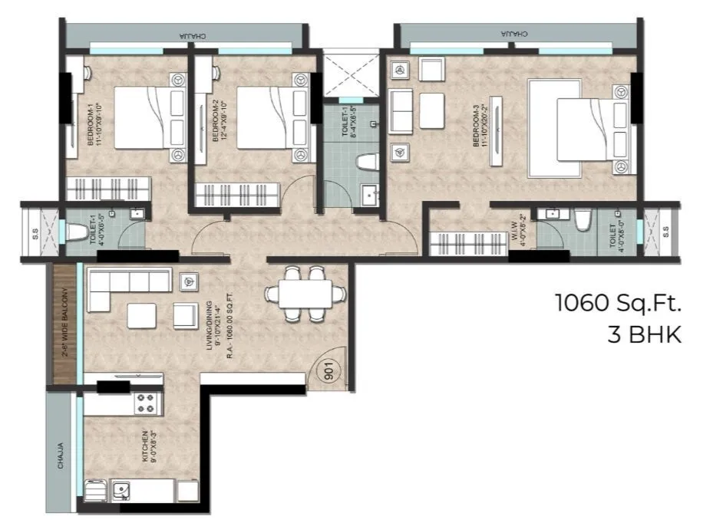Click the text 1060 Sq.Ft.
[618, 304]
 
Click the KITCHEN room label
[145, 448]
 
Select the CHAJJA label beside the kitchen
[61, 456]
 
